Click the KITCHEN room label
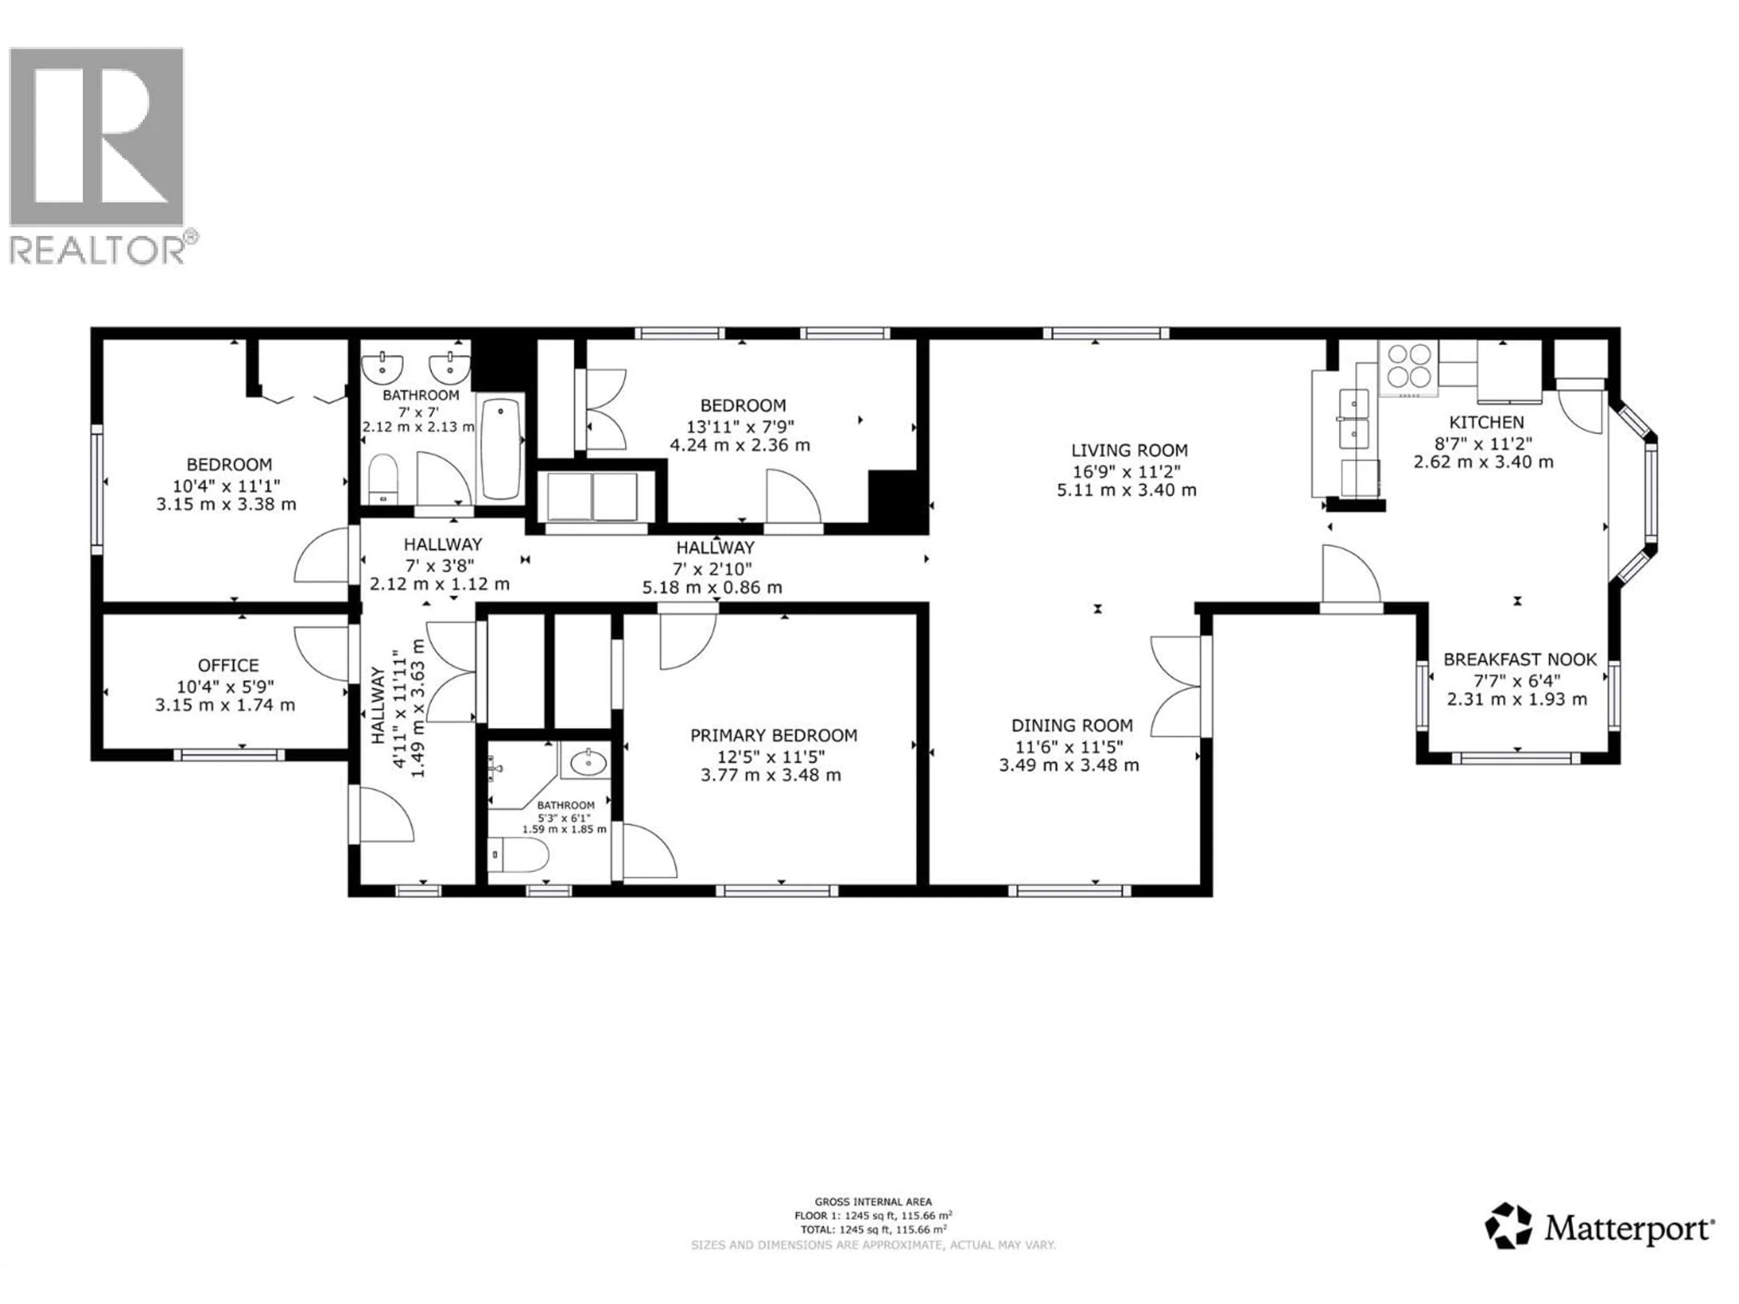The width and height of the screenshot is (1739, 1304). [x=1486, y=422]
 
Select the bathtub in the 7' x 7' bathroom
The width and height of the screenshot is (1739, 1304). [x=500, y=449]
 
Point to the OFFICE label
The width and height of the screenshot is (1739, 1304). [x=228, y=665]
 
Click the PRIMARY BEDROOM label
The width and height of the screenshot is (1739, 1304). [x=773, y=735]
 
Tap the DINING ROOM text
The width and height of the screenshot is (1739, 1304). [x=1071, y=725]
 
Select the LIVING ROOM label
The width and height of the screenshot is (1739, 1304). [x=1129, y=451]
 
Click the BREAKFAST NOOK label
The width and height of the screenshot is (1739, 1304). [x=1520, y=659]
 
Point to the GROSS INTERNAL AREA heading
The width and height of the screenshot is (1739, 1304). [x=873, y=1202]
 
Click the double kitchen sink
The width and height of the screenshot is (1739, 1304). [x=1354, y=418]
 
